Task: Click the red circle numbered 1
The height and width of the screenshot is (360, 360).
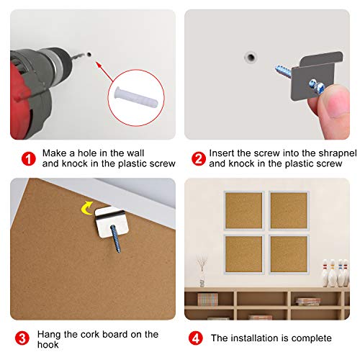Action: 29,159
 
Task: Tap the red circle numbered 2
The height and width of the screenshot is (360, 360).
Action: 199,159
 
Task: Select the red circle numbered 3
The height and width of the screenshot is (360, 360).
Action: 22,338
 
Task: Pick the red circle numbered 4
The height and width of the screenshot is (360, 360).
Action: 196,338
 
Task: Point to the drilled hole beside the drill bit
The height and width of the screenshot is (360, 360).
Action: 89,54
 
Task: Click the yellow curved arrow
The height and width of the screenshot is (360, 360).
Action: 86,208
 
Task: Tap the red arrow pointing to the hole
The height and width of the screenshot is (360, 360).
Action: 104,71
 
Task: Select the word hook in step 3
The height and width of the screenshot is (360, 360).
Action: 48,345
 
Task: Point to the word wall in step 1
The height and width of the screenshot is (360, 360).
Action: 135,153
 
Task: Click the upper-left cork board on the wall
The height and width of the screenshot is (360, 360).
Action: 244,211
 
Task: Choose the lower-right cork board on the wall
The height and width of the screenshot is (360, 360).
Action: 289,254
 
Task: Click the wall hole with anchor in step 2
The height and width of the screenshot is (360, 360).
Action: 251,58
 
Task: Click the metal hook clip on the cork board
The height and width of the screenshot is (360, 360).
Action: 111,221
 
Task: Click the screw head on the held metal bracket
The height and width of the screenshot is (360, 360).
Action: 317,86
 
